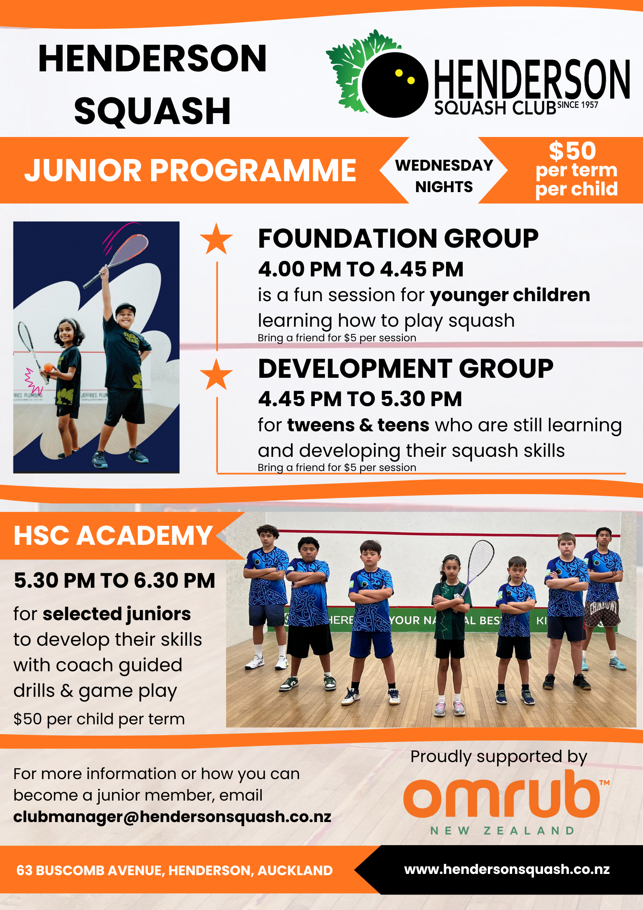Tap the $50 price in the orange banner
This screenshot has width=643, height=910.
(x=573, y=151)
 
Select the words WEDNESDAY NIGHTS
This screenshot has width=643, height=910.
(x=444, y=176)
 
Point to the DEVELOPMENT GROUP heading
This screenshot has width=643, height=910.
(x=406, y=368)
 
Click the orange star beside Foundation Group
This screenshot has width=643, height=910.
(x=216, y=239)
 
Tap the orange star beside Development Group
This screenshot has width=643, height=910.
(x=216, y=374)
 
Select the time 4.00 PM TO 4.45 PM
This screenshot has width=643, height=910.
(x=361, y=269)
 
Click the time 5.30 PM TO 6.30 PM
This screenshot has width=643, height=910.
(x=114, y=580)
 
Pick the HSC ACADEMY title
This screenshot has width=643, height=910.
(x=113, y=535)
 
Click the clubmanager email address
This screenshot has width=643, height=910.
(x=172, y=816)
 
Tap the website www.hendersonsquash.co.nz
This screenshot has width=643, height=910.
(x=507, y=869)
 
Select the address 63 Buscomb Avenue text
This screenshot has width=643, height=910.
(x=174, y=870)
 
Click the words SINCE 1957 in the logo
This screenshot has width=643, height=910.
(x=577, y=105)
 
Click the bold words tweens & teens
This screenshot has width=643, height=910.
(x=358, y=425)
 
